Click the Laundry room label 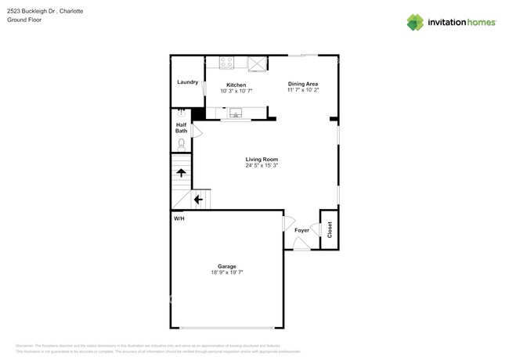click(x=187, y=81)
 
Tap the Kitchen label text click(x=236, y=85)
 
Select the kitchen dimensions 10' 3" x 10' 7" click(x=236, y=91)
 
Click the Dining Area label click(x=302, y=84)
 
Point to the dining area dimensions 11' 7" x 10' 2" click(x=302, y=90)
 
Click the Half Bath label click(x=181, y=128)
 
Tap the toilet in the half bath click(x=182, y=144)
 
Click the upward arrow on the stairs click(x=181, y=173)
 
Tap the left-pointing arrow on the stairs click(x=198, y=200)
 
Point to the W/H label click(x=179, y=218)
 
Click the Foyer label click(x=301, y=230)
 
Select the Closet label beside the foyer click(x=330, y=229)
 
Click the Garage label click(x=227, y=266)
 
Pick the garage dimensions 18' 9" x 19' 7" click(x=227, y=272)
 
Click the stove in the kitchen click(x=227, y=63)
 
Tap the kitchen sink click(x=233, y=113)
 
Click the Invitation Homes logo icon click(x=415, y=22)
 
